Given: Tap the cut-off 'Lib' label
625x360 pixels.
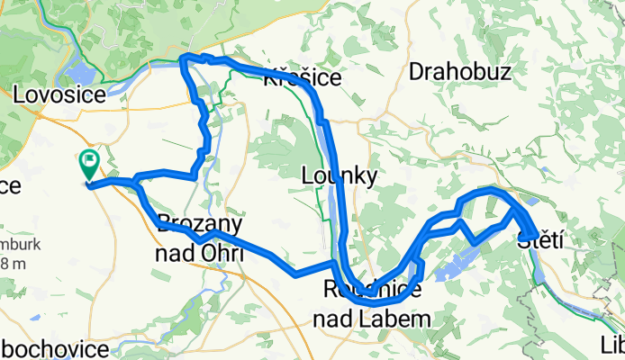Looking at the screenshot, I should click(612, 345).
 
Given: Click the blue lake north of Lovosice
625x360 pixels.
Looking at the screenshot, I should click(79, 72).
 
